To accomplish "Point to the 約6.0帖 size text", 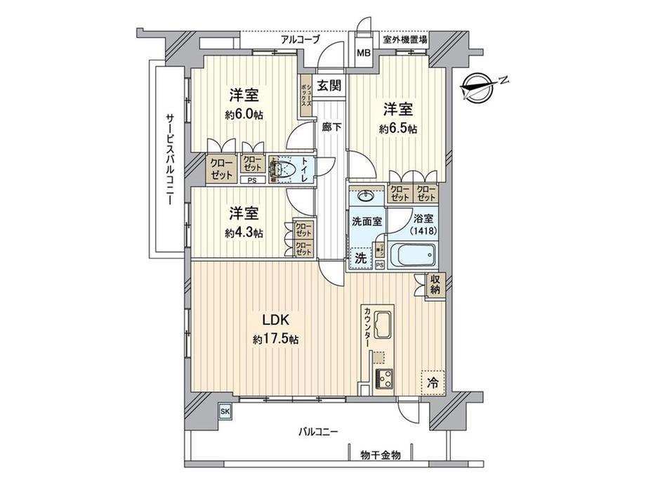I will [x=244, y=115].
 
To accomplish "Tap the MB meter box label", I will [x=364, y=53].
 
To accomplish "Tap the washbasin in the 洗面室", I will [x=366, y=196].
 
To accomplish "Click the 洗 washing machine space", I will [x=360, y=257].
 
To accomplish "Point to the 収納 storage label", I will [x=436, y=285].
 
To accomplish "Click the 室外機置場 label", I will [x=405, y=40].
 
